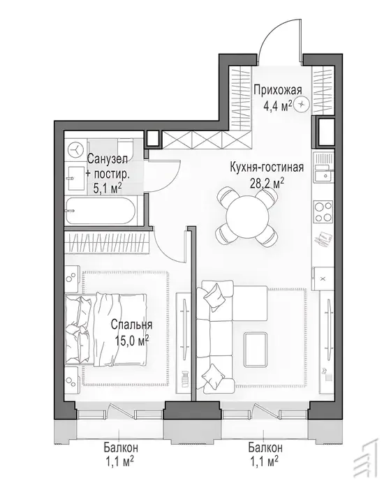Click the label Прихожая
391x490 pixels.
pyautogui.click(x=278, y=90)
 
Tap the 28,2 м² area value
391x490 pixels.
pyautogui.click(x=267, y=184)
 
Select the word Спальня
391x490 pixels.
pyautogui.click(x=131, y=325)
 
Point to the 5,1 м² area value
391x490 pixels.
pyautogui.click(x=108, y=188)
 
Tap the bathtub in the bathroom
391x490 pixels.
pyautogui.click(x=101, y=211)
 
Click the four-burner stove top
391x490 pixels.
pyautogui.click(x=323, y=212)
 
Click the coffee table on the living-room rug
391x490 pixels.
pyautogui.click(x=256, y=349)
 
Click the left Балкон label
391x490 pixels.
pyautogui.click(x=121, y=447)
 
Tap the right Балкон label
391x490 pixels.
pyautogui.click(x=265, y=447)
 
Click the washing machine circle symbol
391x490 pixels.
pyautogui.click(x=76, y=149)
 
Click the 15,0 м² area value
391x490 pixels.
pyautogui.click(x=131, y=340)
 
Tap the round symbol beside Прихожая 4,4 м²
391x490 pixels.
pyautogui.click(x=302, y=105)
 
